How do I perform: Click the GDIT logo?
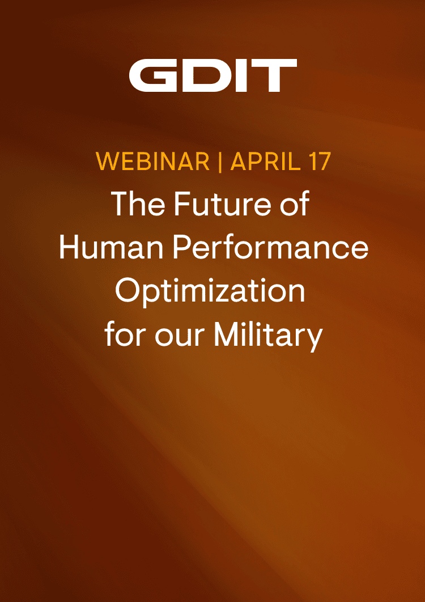212,77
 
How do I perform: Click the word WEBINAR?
153,162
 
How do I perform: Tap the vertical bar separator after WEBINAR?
220,162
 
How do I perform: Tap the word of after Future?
296,204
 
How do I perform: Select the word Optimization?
211,292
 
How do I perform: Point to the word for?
123,335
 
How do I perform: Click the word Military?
268,335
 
